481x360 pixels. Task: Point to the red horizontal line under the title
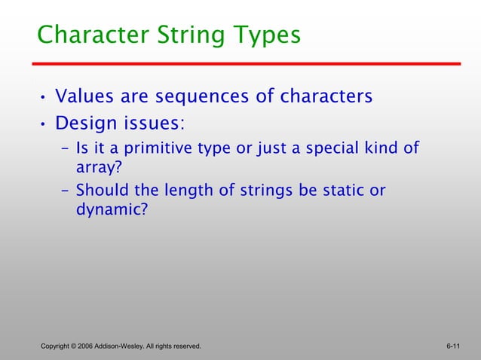pos(249,64)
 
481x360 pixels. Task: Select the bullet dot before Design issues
pos(44,124)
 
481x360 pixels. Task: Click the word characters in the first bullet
pos(326,97)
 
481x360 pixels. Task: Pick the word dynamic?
pos(112,209)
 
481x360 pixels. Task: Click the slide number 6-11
pos(453,346)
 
